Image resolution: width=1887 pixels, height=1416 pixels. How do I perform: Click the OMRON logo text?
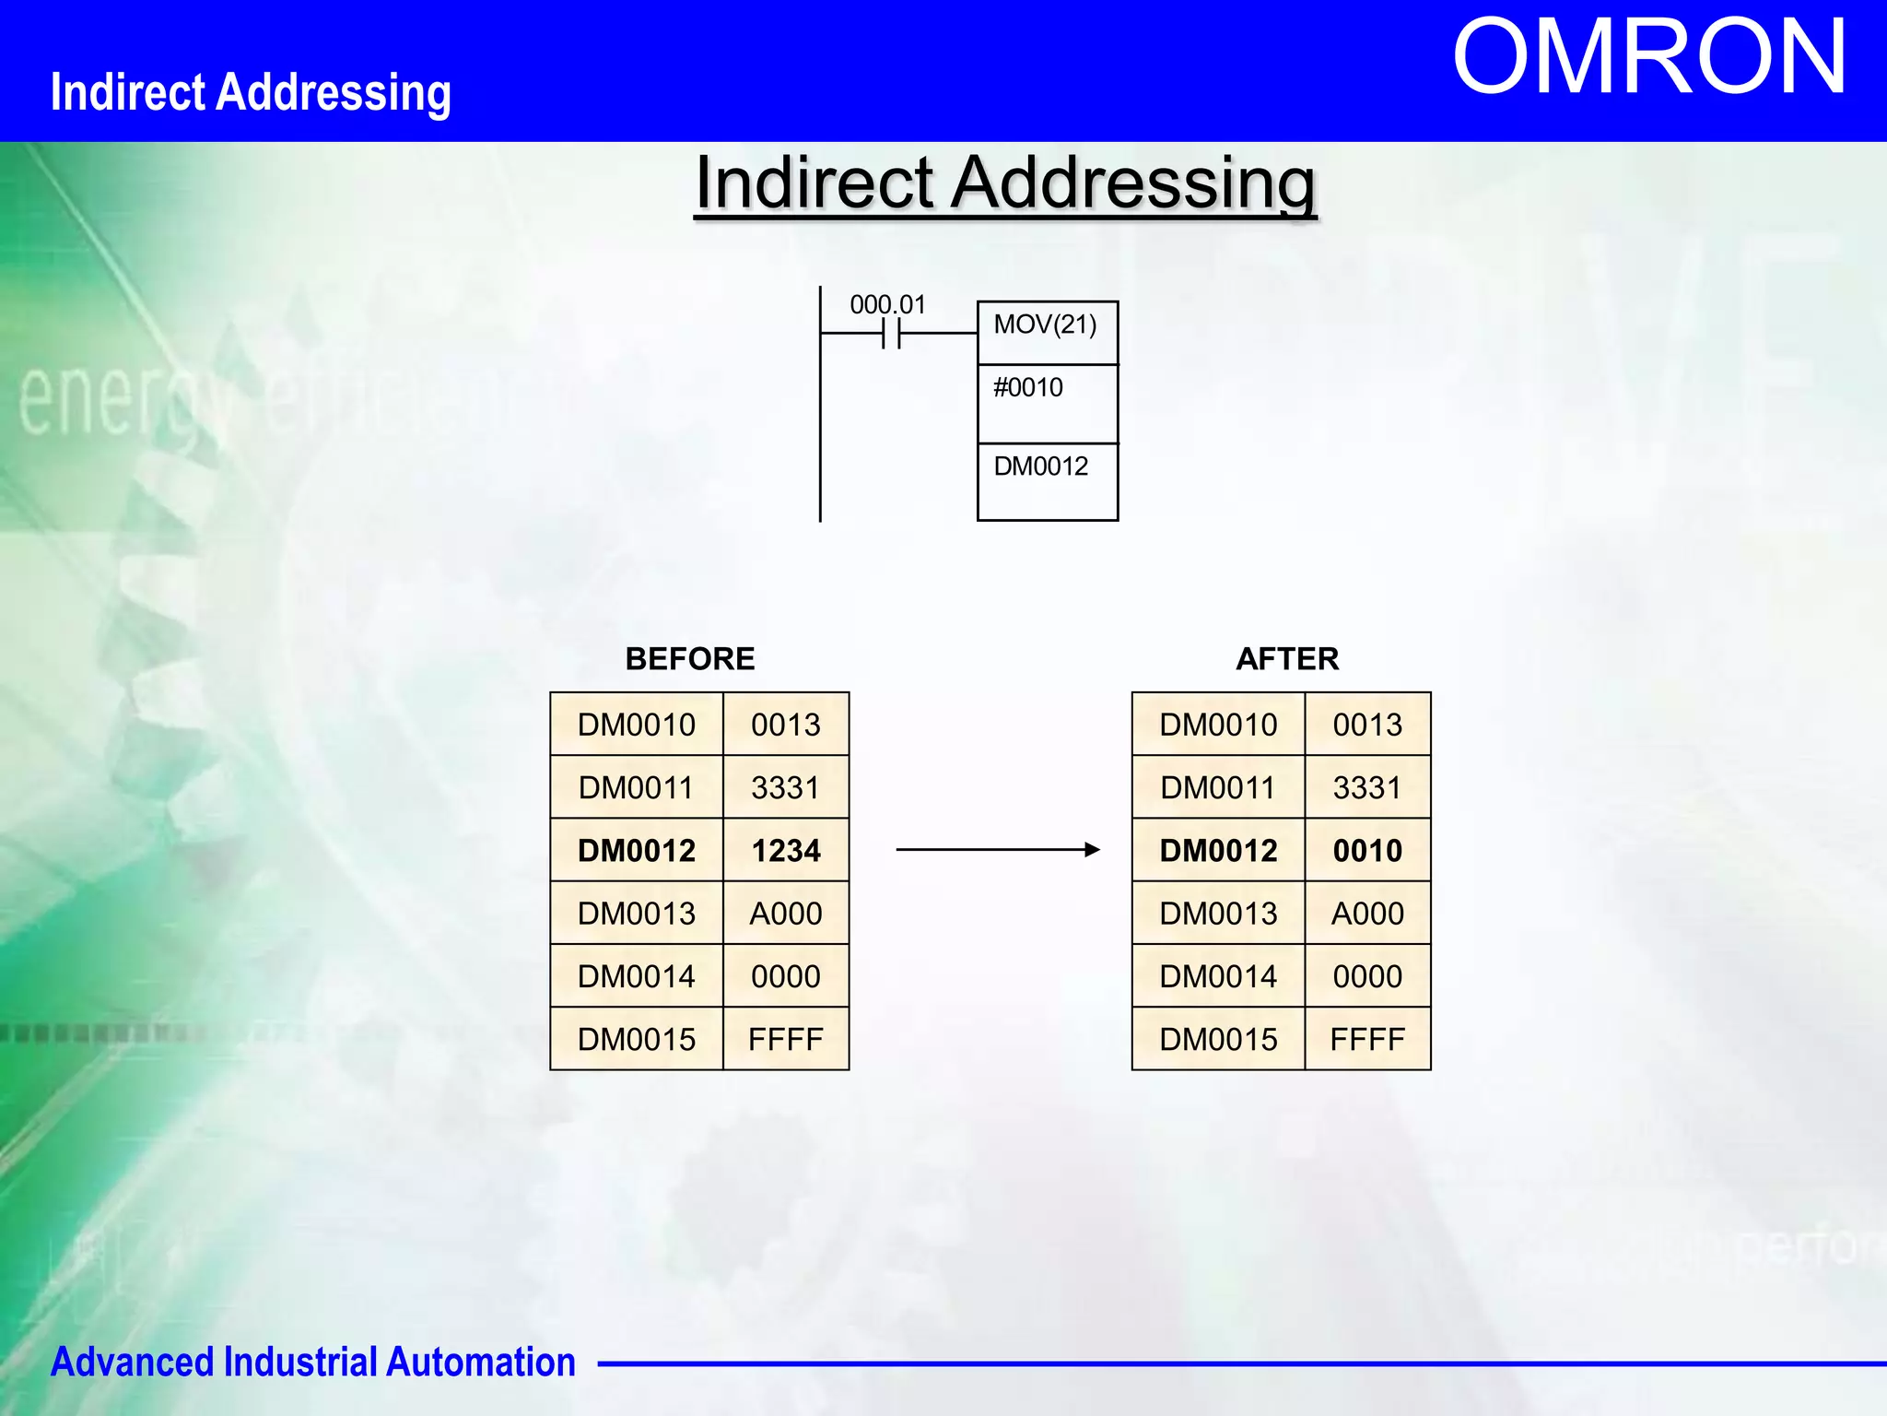(x=1649, y=57)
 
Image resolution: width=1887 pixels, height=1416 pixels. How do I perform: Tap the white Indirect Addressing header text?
(x=251, y=92)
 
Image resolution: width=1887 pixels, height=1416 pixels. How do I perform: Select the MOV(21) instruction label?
(x=1045, y=324)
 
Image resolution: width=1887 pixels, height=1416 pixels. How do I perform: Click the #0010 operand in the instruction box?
(x=1027, y=387)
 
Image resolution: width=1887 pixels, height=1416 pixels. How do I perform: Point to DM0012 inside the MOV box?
(x=1040, y=466)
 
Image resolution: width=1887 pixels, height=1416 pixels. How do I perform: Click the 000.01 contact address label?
(x=887, y=304)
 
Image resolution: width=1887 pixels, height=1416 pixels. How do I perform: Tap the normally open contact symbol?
(x=891, y=334)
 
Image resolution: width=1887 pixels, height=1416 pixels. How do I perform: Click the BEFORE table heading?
(x=689, y=659)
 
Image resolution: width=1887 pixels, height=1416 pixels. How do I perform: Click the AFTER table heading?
(x=1287, y=659)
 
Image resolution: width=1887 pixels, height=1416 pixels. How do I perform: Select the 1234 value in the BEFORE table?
(x=786, y=850)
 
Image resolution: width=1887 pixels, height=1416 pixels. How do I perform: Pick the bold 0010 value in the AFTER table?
(x=1367, y=850)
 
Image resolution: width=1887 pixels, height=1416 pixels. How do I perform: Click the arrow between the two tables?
(x=998, y=849)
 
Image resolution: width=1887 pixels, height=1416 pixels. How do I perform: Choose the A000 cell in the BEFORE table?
(x=786, y=914)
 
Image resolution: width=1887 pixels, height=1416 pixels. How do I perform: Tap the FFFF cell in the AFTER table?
(x=1367, y=1039)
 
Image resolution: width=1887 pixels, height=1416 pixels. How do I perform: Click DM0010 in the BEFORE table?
(x=636, y=725)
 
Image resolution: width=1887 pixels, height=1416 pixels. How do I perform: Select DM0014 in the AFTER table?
(x=1218, y=976)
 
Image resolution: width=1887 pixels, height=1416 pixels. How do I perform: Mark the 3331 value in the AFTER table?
(x=1367, y=788)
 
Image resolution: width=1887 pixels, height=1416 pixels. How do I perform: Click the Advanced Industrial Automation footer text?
(x=313, y=1362)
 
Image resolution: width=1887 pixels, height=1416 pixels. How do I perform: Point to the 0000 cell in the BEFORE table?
(x=786, y=976)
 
